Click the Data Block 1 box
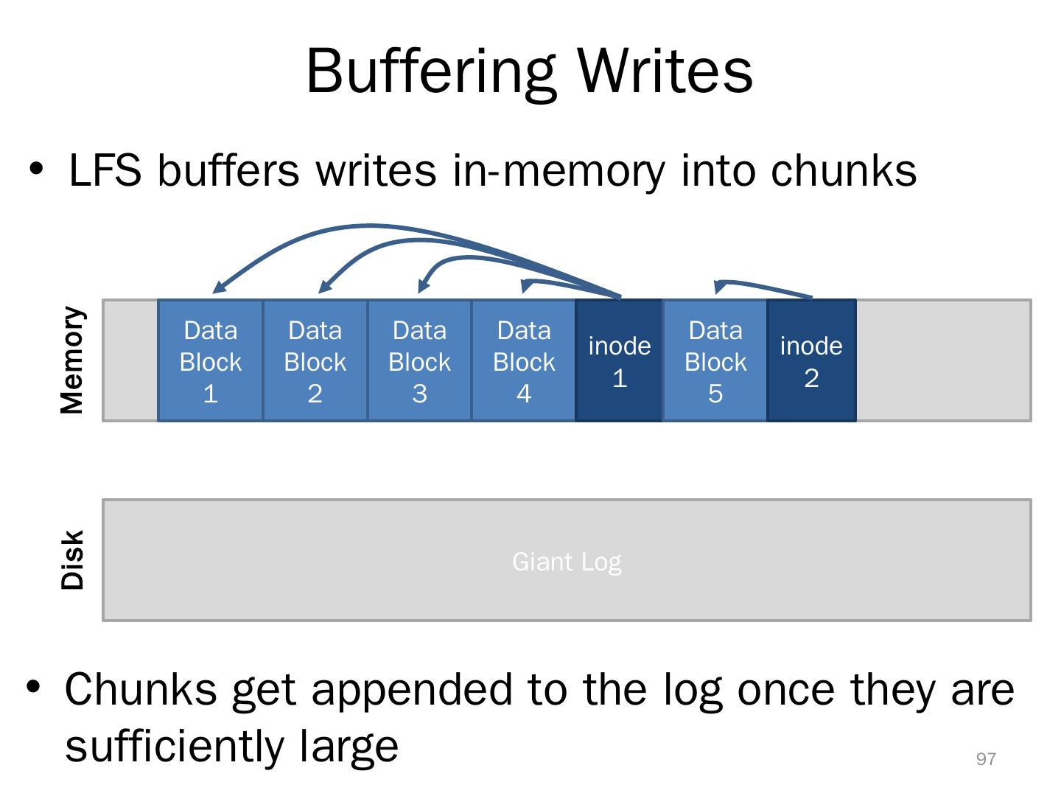pyautogui.click(x=210, y=360)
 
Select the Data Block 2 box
pyautogui.click(x=315, y=360)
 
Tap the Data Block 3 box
pyautogui.click(x=419, y=360)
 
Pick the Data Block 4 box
pyautogui.click(x=523, y=360)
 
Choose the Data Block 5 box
pyautogui.click(x=715, y=360)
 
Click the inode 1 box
pyautogui.click(x=619, y=360)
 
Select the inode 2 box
pyautogui.click(x=811, y=360)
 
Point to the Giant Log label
pyautogui.click(x=567, y=562)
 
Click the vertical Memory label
pyautogui.click(x=72, y=360)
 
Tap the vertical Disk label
pyautogui.click(x=72, y=559)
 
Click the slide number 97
pyautogui.click(x=986, y=759)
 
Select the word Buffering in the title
pyautogui.click(x=431, y=72)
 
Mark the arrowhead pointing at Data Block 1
pyautogui.click(x=219, y=287)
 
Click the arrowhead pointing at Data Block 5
pyautogui.click(x=720, y=287)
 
